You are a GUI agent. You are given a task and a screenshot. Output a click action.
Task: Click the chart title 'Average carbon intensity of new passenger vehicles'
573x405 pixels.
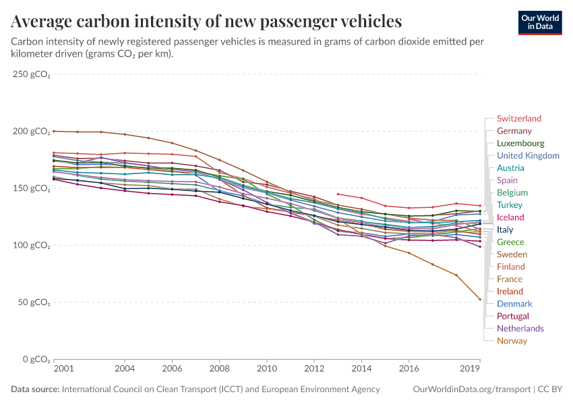pos(206,22)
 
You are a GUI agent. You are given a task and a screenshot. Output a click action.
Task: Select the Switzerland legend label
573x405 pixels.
pos(518,119)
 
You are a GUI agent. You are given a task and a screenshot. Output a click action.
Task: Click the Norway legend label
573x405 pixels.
pos(512,341)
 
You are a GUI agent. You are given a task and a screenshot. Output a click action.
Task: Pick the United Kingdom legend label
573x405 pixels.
pos(528,156)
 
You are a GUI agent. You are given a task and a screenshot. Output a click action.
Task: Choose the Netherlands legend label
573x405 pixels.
pos(520,329)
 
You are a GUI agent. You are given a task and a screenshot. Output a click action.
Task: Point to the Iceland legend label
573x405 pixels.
pos(510,217)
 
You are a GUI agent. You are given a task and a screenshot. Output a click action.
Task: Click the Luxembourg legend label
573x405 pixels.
pos(520,143)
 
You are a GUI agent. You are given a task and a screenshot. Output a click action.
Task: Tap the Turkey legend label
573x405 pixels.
pos(510,205)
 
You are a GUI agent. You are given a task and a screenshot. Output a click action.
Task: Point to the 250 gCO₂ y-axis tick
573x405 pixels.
pos(32,74)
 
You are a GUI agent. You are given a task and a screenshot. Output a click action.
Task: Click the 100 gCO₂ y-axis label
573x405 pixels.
pos(32,245)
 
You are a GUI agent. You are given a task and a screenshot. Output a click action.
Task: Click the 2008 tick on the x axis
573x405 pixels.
pos(219,369)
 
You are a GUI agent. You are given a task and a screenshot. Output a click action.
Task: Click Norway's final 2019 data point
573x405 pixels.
pos(480,299)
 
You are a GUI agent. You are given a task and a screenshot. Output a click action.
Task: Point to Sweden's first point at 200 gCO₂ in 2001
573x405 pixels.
pos(53,131)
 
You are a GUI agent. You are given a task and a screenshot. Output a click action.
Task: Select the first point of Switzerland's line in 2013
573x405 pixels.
pos(338,194)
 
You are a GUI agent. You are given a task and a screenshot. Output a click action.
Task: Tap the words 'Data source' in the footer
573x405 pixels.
pos(34,389)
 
